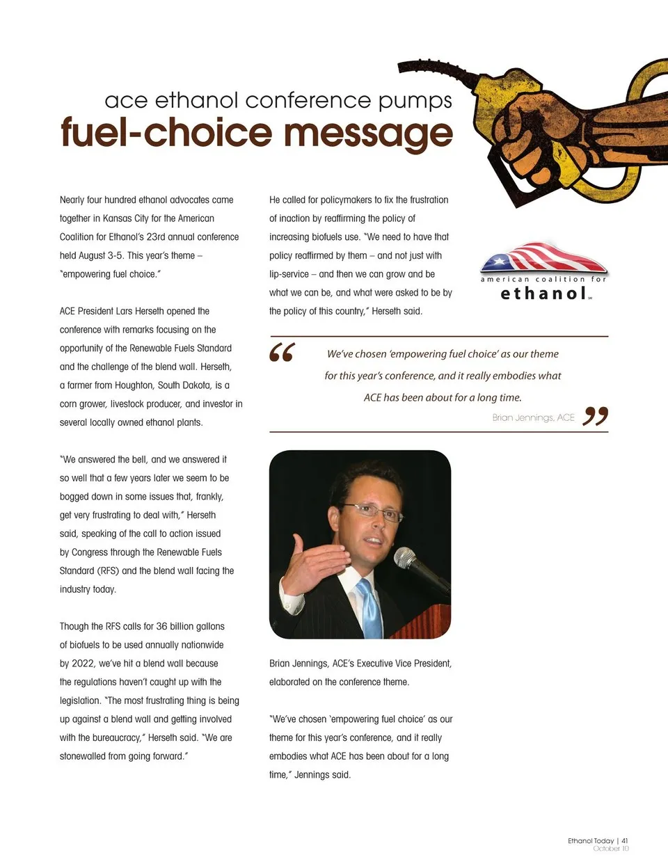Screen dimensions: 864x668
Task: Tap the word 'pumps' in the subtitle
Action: [x=415, y=101]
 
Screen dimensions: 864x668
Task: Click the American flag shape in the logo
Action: [x=542, y=258]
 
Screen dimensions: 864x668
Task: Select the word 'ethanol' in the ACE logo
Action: [x=543, y=294]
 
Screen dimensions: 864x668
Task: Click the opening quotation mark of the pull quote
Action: [x=282, y=352]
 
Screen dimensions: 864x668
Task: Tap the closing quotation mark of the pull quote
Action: [x=596, y=416]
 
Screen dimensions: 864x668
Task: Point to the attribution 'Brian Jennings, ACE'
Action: [x=533, y=417]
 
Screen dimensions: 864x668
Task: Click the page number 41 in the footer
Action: [x=625, y=840]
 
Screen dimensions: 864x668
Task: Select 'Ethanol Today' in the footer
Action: [x=591, y=840]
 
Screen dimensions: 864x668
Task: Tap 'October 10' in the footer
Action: [x=611, y=849]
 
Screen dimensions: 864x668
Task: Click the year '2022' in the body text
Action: [x=82, y=664]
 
